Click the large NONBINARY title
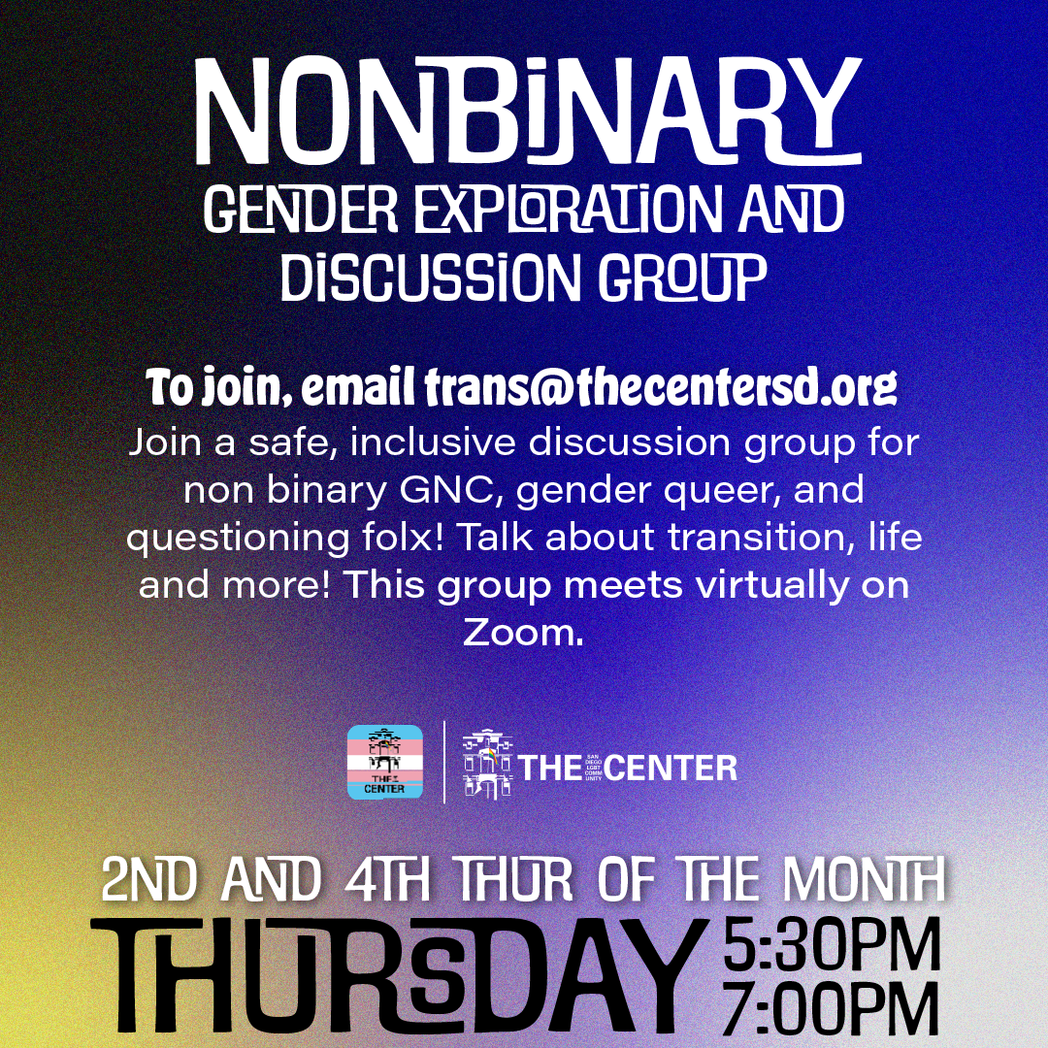[x=528, y=111]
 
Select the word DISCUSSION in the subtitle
[x=431, y=277]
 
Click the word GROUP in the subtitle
[x=682, y=277]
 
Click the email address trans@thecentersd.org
[x=661, y=387]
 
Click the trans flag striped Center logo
[x=385, y=762]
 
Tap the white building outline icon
[x=488, y=764]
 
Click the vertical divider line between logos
[x=444, y=762]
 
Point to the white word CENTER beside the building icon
[x=672, y=768]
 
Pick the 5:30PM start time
[x=832, y=945]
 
